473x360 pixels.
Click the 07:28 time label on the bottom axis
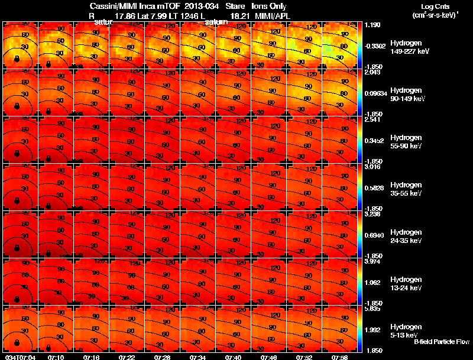coord(163,357)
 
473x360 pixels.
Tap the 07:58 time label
coord(339,357)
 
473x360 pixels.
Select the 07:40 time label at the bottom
coord(233,357)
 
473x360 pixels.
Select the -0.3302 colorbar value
coord(375,45)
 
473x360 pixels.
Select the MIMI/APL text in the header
coord(270,15)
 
